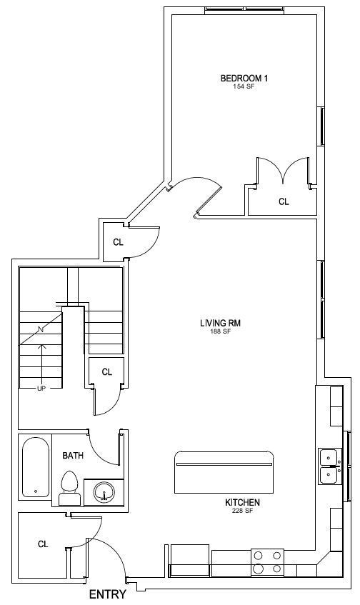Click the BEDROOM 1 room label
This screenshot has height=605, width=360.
pyautogui.click(x=244, y=79)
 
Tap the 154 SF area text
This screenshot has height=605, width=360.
pyautogui.click(x=244, y=87)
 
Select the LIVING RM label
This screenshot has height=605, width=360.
pyautogui.click(x=221, y=323)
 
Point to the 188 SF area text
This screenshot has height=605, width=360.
pyautogui.click(x=220, y=331)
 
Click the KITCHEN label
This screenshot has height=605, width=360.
pyautogui.click(x=242, y=502)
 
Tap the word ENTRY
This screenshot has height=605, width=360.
pyautogui.click(x=108, y=594)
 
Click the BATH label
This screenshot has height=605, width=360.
pyautogui.click(x=73, y=456)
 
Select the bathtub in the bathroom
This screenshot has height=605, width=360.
pyautogui.click(x=36, y=466)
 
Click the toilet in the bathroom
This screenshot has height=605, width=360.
pyautogui.click(x=70, y=488)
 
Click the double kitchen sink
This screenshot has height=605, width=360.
pyautogui.click(x=330, y=466)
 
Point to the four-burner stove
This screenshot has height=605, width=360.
pyautogui.click(x=267, y=563)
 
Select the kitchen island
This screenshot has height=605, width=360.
pyautogui.click(x=224, y=472)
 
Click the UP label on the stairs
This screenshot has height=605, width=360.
pyautogui.click(x=41, y=389)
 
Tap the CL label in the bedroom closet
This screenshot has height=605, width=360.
pyautogui.click(x=284, y=201)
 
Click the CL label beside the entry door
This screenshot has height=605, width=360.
pyautogui.click(x=43, y=544)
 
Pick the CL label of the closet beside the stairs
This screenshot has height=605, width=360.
pyautogui.click(x=107, y=372)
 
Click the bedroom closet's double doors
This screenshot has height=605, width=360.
pyautogui.click(x=284, y=170)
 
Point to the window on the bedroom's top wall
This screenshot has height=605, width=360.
pyautogui.click(x=244, y=10)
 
